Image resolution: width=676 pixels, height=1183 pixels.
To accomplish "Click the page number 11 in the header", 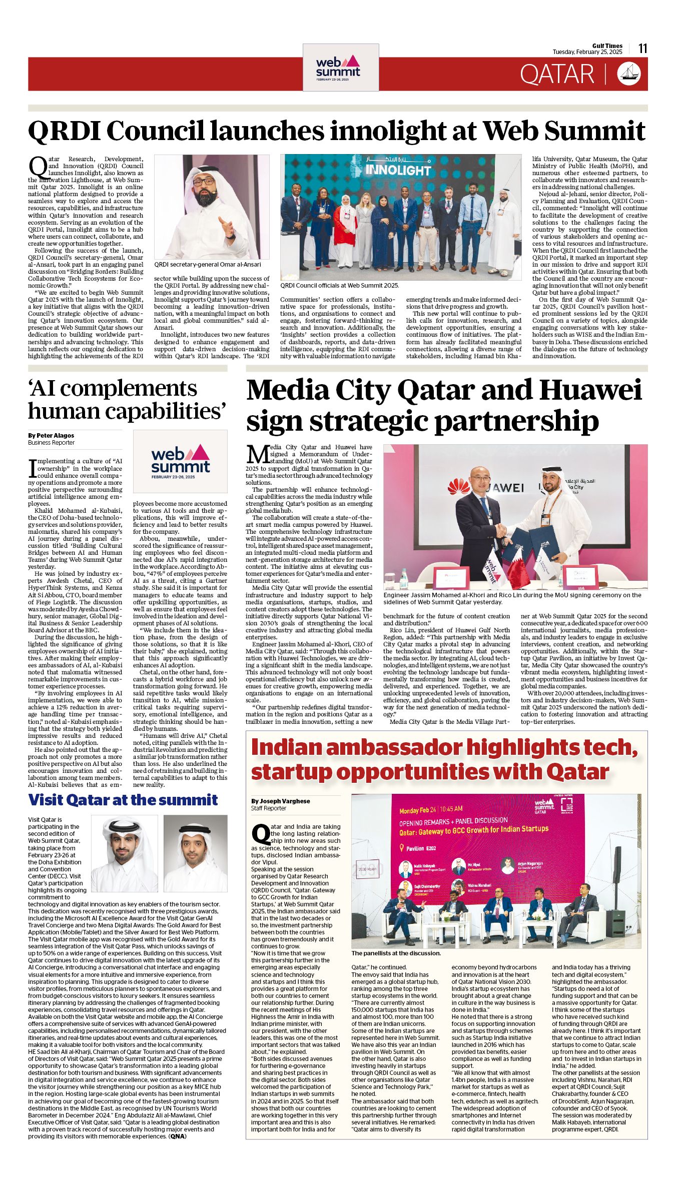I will coord(643,49).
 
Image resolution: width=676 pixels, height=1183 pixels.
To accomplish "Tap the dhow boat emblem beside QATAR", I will coord(629,74).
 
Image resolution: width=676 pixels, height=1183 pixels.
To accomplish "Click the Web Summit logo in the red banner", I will coord(340,67).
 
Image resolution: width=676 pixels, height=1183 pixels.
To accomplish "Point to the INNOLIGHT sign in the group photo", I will coord(398,170).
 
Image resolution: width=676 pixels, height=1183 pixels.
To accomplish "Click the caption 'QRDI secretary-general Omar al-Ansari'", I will coord(208,265).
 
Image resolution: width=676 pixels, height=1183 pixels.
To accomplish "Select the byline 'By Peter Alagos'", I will coord(51,436).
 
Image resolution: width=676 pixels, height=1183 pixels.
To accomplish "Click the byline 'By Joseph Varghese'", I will coord(281,801).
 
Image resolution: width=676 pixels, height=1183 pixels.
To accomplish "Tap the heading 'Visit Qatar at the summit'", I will coord(123,800).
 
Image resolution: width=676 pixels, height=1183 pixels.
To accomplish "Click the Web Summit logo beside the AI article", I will coord(180,461).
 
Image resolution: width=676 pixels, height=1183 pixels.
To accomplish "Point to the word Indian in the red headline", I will coord(286,747).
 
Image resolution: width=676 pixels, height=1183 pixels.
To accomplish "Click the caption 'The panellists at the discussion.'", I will coord(396,953).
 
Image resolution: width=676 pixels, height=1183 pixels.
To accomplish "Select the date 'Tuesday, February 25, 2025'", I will coord(587,52).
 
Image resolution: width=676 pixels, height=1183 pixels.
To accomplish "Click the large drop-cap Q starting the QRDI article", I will coord(38,167).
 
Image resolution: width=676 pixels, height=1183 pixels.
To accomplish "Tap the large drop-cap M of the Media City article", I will coord(257,454).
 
